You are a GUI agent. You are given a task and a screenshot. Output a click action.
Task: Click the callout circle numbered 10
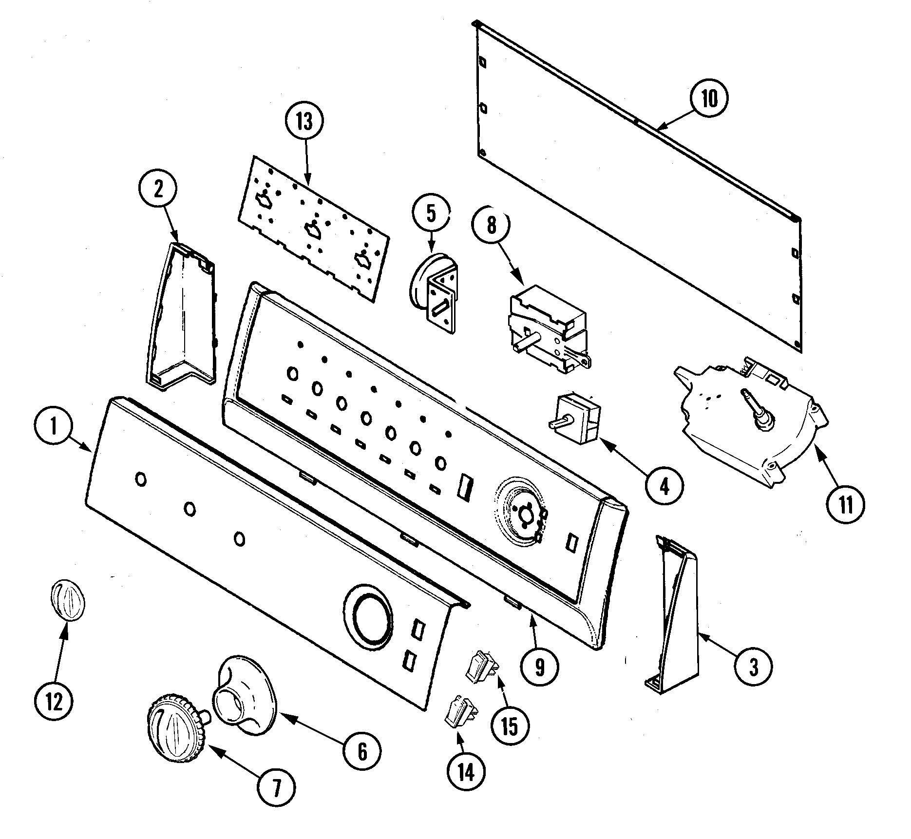pyautogui.click(x=709, y=99)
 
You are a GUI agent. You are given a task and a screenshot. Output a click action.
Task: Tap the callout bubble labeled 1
pyautogui.click(x=54, y=427)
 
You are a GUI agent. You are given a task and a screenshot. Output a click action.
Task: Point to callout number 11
pyautogui.click(x=846, y=505)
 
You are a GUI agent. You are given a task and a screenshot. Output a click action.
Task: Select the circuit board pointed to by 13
pyautogui.click(x=314, y=228)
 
